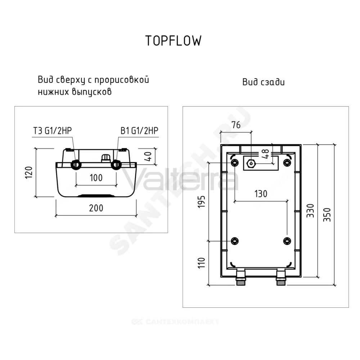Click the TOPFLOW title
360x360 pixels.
[x=174, y=41]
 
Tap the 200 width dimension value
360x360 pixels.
[x=96, y=208]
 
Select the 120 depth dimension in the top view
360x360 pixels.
[x=29, y=172]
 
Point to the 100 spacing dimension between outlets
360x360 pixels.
[x=96, y=178]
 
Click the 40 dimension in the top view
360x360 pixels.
[x=148, y=157]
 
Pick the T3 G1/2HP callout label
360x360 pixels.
[x=53, y=130]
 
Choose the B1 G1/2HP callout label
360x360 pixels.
[x=139, y=130]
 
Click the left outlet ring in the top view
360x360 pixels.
[x=76, y=165]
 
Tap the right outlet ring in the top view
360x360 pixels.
[x=116, y=165]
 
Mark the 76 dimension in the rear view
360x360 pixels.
[x=236, y=125]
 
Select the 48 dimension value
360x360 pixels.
[x=265, y=154]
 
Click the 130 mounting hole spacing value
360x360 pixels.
[x=261, y=194]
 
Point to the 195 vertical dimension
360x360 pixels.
[x=201, y=202]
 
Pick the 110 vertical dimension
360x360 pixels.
[x=201, y=263]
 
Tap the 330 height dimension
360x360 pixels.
[x=310, y=211]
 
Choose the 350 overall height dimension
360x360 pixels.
[x=327, y=215]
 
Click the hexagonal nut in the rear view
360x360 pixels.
[x=251, y=163]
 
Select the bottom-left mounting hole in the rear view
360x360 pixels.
[x=234, y=241]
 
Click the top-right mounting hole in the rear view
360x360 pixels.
[x=287, y=163]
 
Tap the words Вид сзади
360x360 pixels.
[x=264, y=82]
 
